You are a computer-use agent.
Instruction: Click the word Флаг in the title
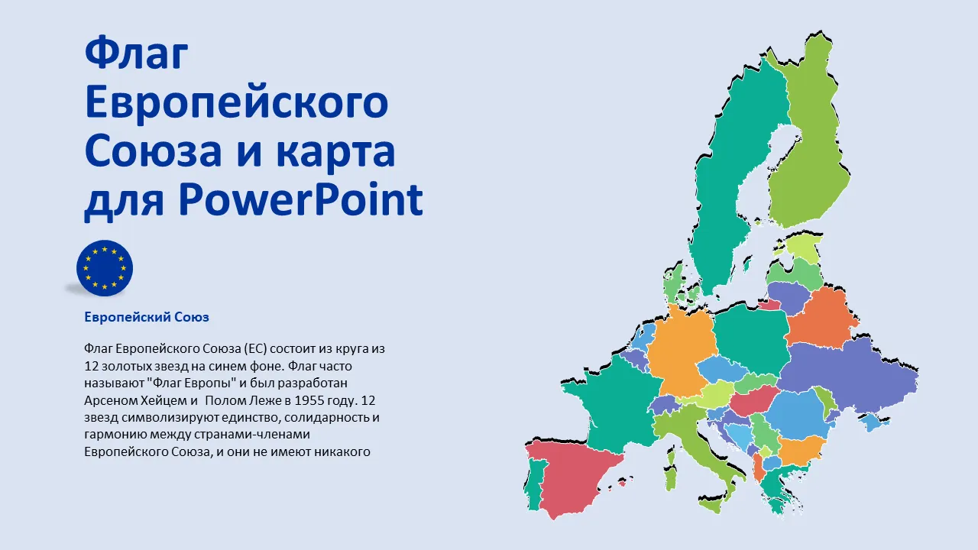136,53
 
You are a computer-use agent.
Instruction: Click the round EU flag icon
105,268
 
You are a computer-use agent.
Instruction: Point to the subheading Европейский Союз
147,317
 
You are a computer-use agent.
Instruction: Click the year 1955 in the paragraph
310,400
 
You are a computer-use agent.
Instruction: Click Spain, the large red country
572,476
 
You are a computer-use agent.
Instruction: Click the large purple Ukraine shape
851,375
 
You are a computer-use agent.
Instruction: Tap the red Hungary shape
753,400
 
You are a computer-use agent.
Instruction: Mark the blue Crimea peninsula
873,421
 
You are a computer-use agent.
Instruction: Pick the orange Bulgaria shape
802,450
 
